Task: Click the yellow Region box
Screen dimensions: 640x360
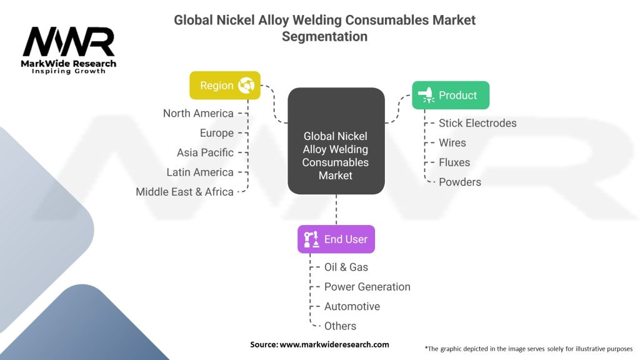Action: coord(225,85)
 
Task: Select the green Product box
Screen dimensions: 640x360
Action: coord(451,95)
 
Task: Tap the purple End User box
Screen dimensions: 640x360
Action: coord(336,239)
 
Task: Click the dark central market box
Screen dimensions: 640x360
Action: coord(336,141)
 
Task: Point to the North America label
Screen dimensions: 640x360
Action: coord(198,114)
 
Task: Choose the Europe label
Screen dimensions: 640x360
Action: coord(217,133)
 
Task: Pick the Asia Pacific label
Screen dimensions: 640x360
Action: coord(205,152)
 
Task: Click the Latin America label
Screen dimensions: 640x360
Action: coord(200,172)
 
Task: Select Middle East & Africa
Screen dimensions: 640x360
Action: coord(184,192)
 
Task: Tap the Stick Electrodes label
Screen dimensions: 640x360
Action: coord(477,123)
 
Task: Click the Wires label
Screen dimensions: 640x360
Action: coord(452,143)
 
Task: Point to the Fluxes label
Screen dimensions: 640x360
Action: coord(454,162)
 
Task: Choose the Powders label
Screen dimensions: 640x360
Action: coord(460,182)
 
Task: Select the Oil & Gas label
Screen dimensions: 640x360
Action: coord(346,267)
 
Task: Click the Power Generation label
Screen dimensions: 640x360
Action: coord(367,287)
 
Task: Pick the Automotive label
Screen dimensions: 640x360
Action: coord(352,306)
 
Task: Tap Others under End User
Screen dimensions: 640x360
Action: coord(340,326)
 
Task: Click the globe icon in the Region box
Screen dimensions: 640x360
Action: coord(246,85)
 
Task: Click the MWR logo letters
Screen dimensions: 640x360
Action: coord(69,41)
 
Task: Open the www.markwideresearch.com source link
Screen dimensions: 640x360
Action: coord(334,344)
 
